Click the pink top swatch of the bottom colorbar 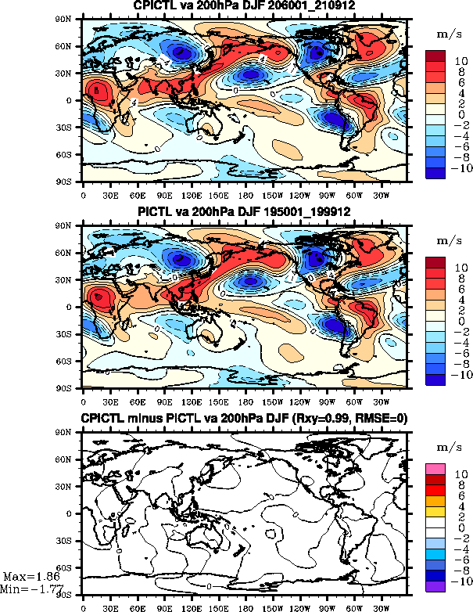(435, 468)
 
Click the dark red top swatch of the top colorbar (435, 56)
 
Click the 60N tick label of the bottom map (71, 459)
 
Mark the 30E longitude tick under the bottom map (111, 604)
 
